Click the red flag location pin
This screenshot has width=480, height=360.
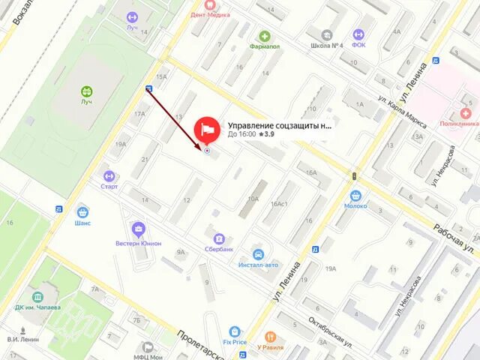coord(206,129)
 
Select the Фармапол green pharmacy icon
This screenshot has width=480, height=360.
coord(265,36)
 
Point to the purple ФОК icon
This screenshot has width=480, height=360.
coord(358,34)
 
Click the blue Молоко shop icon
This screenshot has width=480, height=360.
coord(355,196)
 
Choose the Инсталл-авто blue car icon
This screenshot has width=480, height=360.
coord(258,255)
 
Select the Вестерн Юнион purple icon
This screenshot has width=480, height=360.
coord(138,229)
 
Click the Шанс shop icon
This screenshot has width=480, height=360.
coord(82,211)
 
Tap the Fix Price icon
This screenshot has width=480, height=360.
coord(235,331)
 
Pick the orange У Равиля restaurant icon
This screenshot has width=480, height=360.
coord(270,337)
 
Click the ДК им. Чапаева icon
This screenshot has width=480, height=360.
coord(37,298)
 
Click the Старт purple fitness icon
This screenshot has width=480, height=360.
coord(109,175)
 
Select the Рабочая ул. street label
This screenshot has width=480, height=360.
coord(453,238)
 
